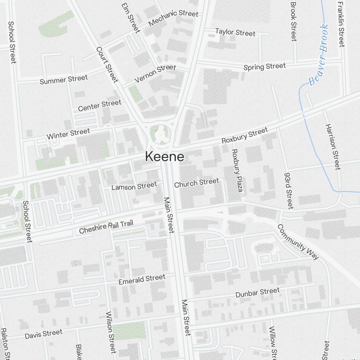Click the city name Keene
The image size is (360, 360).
point(165,157)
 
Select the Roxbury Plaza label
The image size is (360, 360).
point(237,170)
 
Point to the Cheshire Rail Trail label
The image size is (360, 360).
point(106,227)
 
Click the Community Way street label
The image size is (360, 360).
point(298,242)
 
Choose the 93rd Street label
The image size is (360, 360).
point(289,189)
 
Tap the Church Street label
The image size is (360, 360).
point(196,183)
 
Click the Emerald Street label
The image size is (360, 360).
point(142,279)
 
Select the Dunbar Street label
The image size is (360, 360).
point(257,293)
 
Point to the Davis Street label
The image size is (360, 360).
point(44,334)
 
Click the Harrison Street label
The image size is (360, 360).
point(332,147)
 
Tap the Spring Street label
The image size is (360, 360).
point(265,67)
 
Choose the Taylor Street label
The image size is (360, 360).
point(235,32)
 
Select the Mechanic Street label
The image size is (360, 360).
point(173,18)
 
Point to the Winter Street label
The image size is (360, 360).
point(68,134)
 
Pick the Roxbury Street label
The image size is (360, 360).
point(244,135)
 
